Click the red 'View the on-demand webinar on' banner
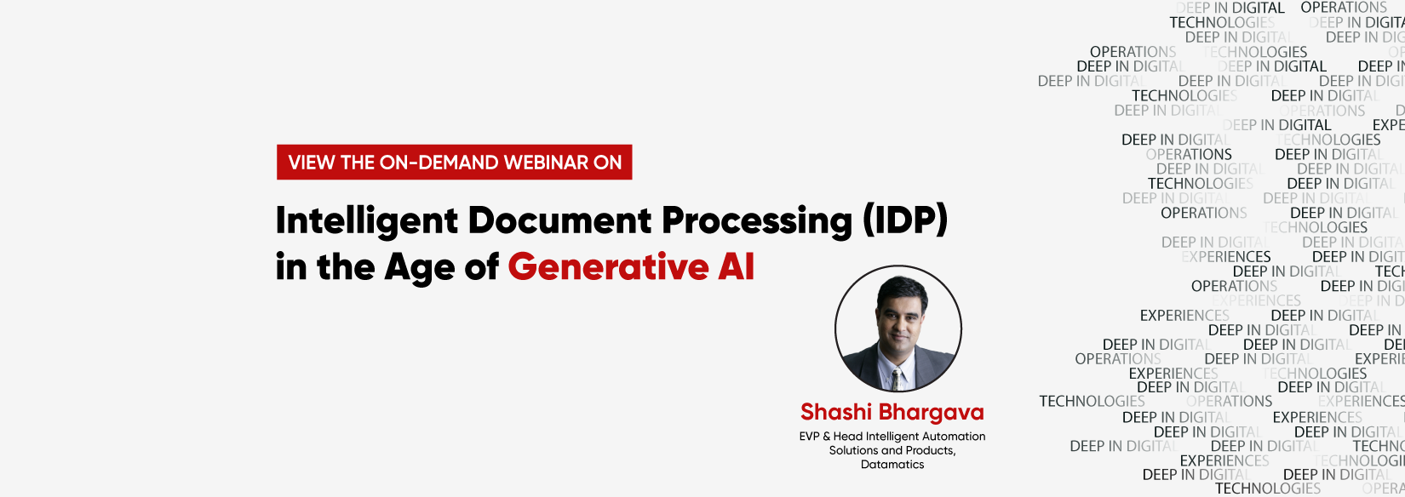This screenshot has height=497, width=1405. (454, 162)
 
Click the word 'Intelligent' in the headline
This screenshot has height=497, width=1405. (367, 221)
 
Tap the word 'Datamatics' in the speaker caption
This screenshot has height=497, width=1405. (892, 465)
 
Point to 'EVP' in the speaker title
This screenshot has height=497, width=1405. (809, 437)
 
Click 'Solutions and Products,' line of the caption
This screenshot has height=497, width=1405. (892, 450)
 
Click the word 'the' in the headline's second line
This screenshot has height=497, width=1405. (345, 267)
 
